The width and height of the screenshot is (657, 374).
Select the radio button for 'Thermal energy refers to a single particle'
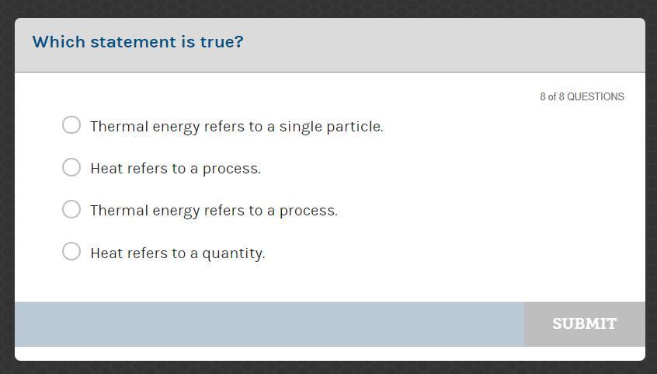point(71,125)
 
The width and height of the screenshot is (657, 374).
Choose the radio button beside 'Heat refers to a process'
point(71,167)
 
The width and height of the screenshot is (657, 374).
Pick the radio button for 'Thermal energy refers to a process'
point(71,209)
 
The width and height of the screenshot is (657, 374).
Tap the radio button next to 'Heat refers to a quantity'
point(71,251)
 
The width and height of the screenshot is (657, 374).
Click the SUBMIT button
point(585,323)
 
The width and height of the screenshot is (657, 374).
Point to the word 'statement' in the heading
point(134,42)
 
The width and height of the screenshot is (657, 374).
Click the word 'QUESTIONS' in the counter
point(596,96)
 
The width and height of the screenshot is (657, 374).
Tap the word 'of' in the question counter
point(552,96)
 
